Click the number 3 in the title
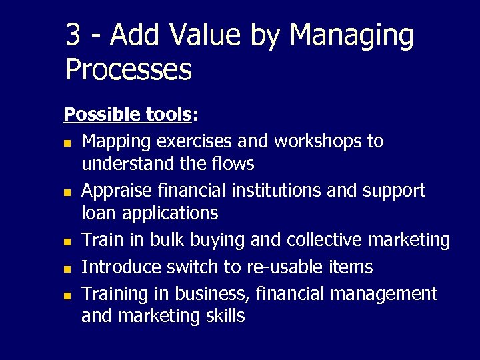(x=73, y=35)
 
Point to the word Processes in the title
(x=129, y=69)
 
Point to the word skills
(x=223, y=315)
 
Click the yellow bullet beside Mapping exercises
(x=67, y=143)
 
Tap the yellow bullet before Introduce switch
(x=67, y=268)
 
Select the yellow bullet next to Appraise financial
(x=67, y=191)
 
